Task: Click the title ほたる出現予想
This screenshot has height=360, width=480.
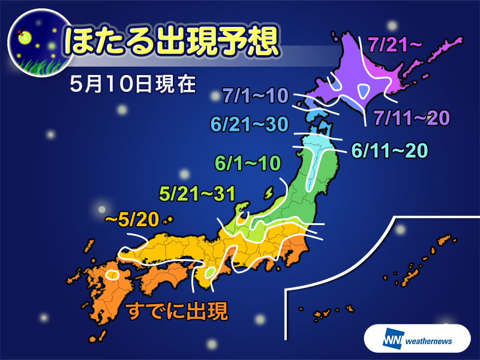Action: click(x=172, y=42)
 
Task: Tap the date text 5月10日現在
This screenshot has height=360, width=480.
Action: click(x=132, y=83)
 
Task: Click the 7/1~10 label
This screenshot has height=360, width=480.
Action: click(x=255, y=95)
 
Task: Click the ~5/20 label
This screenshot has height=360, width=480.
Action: click(x=131, y=220)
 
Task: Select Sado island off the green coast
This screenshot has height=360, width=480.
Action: click(x=268, y=192)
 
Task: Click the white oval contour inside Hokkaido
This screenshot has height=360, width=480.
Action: click(x=364, y=92)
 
